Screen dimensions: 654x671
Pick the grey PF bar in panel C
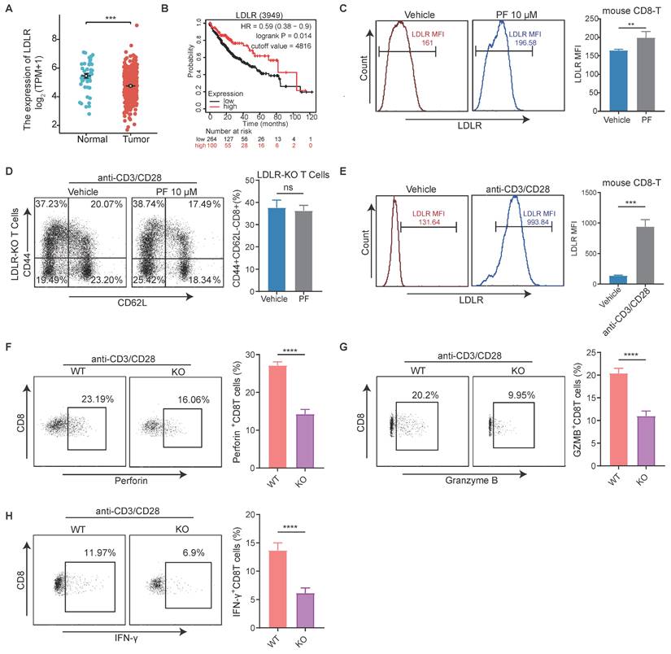[643, 74]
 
